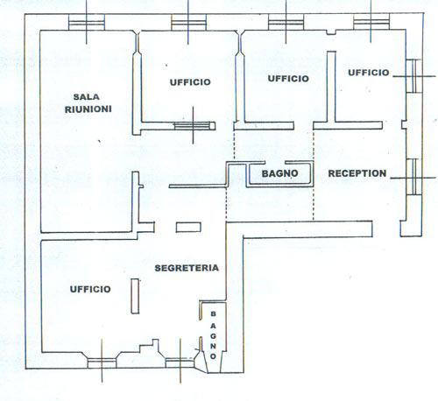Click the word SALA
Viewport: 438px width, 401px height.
pos(86,96)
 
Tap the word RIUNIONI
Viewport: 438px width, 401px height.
pos(88,109)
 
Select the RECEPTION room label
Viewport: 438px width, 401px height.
pos(357,173)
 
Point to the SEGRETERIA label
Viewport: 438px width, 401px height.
pos(187,268)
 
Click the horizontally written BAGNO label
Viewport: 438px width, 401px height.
pos(279,173)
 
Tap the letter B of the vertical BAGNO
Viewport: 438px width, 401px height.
pos(213,314)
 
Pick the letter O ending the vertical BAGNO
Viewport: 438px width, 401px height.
pos(213,356)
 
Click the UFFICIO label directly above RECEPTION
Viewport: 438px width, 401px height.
pos(369,73)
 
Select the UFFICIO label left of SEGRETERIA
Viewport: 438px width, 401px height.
pos(90,289)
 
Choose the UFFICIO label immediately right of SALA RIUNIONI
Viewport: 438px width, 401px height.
pos(190,82)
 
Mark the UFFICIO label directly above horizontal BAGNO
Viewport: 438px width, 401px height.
pos(288,79)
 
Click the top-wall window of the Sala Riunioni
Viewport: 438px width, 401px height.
pos(87,22)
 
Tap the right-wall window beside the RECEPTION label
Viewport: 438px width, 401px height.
pos(414,177)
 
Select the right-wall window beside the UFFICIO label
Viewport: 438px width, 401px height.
pos(414,76)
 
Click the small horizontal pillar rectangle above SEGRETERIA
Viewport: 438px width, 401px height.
pos(188,228)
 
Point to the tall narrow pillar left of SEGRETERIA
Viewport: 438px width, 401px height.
pos(135,296)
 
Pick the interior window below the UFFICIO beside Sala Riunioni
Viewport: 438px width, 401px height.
pos(192,126)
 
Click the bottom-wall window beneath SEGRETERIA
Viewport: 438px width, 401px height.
pos(180,362)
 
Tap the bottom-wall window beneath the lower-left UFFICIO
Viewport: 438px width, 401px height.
pos(102,363)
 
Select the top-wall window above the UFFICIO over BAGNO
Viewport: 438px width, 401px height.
pos(286,22)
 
